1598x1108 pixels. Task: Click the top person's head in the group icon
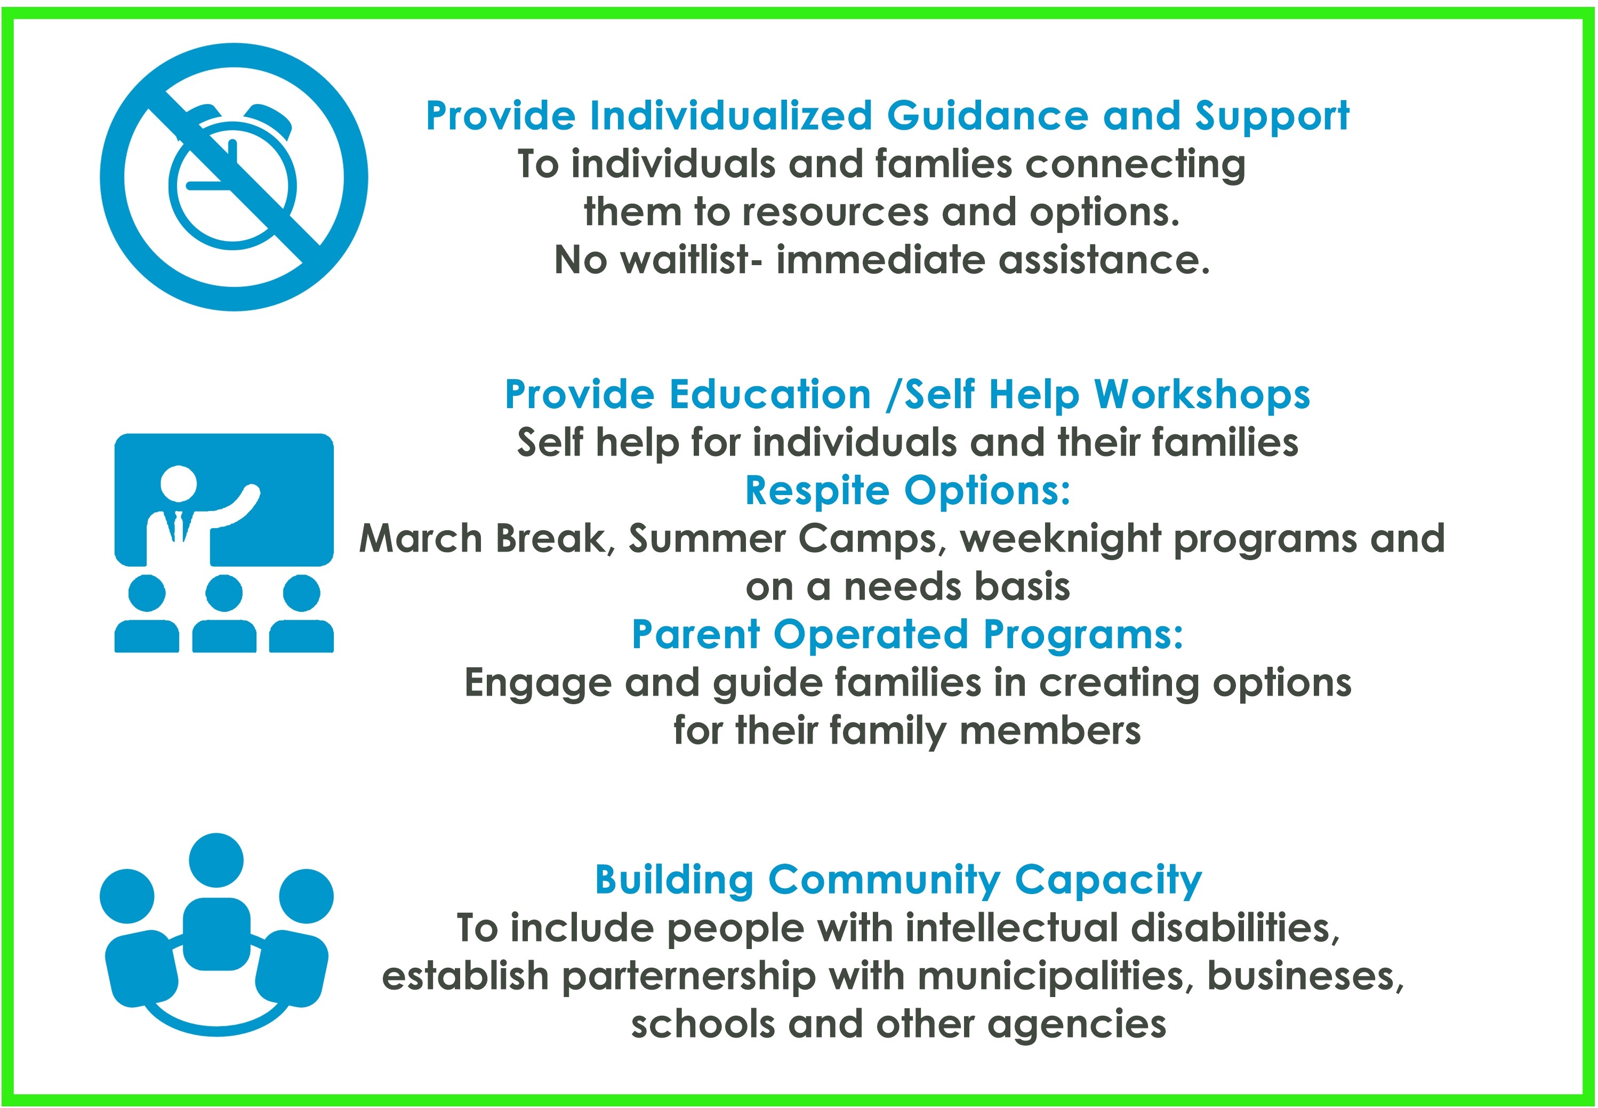216,859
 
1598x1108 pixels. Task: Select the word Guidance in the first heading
987,116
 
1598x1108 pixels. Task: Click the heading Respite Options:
908,491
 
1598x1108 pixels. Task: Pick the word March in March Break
421,539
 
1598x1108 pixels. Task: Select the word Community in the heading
884,881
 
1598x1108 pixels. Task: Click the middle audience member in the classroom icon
224,611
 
